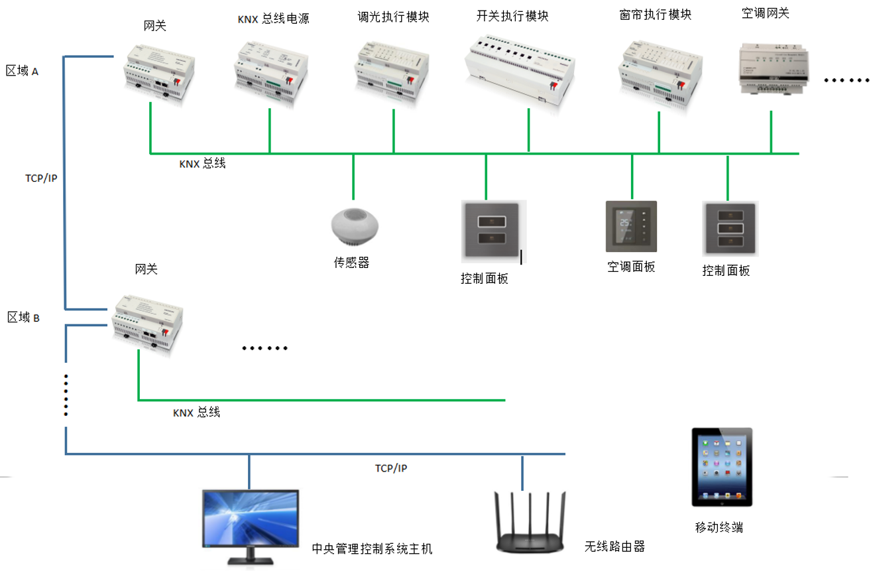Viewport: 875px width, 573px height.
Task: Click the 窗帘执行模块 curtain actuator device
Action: (659, 73)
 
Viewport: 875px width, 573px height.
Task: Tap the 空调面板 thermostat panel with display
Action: (631, 227)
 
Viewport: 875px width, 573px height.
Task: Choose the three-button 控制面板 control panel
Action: (730, 229)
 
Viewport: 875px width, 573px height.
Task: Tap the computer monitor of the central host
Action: (250, 520)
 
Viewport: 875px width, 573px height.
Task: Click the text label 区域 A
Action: (23, 71)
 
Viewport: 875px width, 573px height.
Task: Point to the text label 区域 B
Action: (24, 318)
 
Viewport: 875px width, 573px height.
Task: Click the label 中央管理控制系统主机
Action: (372, 549)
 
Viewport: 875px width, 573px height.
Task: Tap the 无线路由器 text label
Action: (614, 546)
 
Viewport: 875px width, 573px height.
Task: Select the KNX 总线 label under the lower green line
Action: (196, 413)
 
